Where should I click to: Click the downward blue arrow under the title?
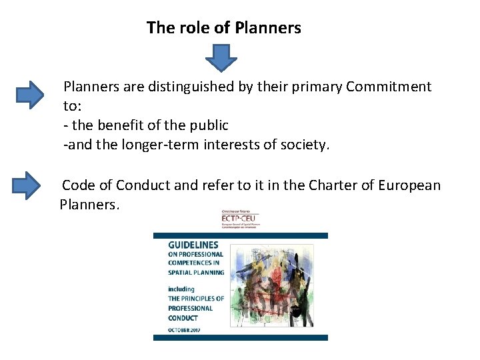pyautogui.click(x=221, y=58)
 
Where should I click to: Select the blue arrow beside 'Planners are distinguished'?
pyautogui.click(x=29, y=95)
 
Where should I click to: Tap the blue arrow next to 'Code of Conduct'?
pyautogui.click(x=27, y=185)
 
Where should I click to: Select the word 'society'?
pyautogui.click(x=307, y=145)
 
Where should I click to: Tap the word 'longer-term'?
pyautogui.click(x=152, y=145)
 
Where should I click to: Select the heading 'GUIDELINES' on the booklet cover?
pyautogui.click(x=193, y=245)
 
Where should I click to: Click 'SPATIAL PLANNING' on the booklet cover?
pyautogui.click(x=194, y=272)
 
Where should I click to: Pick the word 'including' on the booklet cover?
pyautogui.click(x=181, y=289)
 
